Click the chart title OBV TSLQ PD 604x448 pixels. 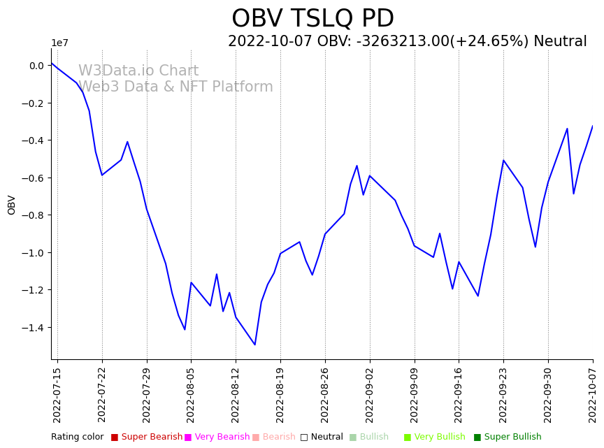[312, 19]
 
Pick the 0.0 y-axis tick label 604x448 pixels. [36, 66]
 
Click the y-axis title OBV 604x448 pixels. [12, 205]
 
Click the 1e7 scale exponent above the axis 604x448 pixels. [59, 43]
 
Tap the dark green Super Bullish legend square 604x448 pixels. [477, 438]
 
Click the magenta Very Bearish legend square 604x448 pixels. [188, 438]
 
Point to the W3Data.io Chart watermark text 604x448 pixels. [138, 71]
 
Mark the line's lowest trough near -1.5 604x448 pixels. [255, 345]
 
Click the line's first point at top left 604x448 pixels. [52, 64]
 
